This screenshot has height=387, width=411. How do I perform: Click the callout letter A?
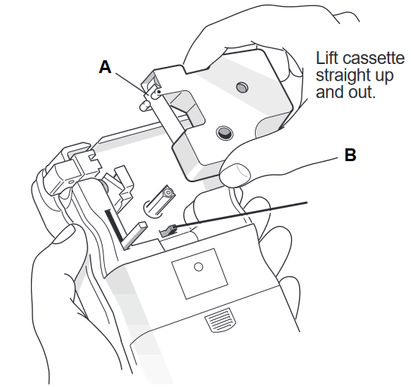(x=105, y=67)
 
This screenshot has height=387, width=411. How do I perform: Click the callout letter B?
(x=350, y=154)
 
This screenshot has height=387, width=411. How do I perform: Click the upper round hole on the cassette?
(x=242, y=87)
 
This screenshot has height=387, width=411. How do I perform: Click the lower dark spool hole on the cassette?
(x=225, y=133)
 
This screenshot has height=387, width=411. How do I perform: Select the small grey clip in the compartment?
(x=168, y=231)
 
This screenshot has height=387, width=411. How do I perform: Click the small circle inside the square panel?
(x=198, y=267)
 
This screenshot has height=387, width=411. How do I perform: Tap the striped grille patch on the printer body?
(x=220, y=320)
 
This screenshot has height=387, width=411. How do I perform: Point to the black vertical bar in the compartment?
(x=114, y=225)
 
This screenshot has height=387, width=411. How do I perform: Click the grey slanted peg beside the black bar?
(x=134, y=235)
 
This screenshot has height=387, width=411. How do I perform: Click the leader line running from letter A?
(x=130, y=83)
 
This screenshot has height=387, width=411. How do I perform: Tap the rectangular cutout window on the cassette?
(x=183, y=110)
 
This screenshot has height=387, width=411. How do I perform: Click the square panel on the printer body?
(x=200, y=274)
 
